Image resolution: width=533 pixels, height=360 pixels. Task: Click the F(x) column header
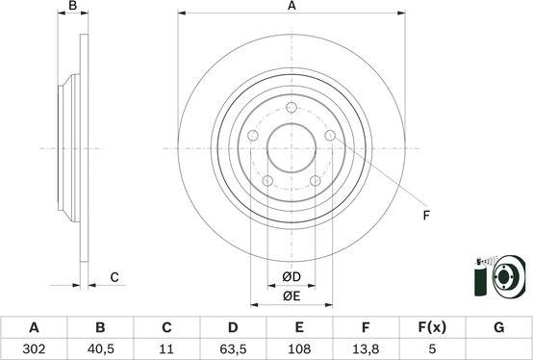(432, 327)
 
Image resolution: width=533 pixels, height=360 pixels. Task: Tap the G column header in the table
(498, 327)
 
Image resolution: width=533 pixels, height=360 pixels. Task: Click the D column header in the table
(233, 327)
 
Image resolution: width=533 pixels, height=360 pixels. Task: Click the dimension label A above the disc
(292, 8)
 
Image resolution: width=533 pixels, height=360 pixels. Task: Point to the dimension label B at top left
(72, 8)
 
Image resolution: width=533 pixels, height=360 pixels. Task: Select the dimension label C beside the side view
(114, 278)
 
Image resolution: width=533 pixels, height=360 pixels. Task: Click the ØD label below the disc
(292, 278)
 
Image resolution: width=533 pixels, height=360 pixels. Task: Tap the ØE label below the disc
(292, 296)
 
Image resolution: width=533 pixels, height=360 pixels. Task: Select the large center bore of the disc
(292, 149)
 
